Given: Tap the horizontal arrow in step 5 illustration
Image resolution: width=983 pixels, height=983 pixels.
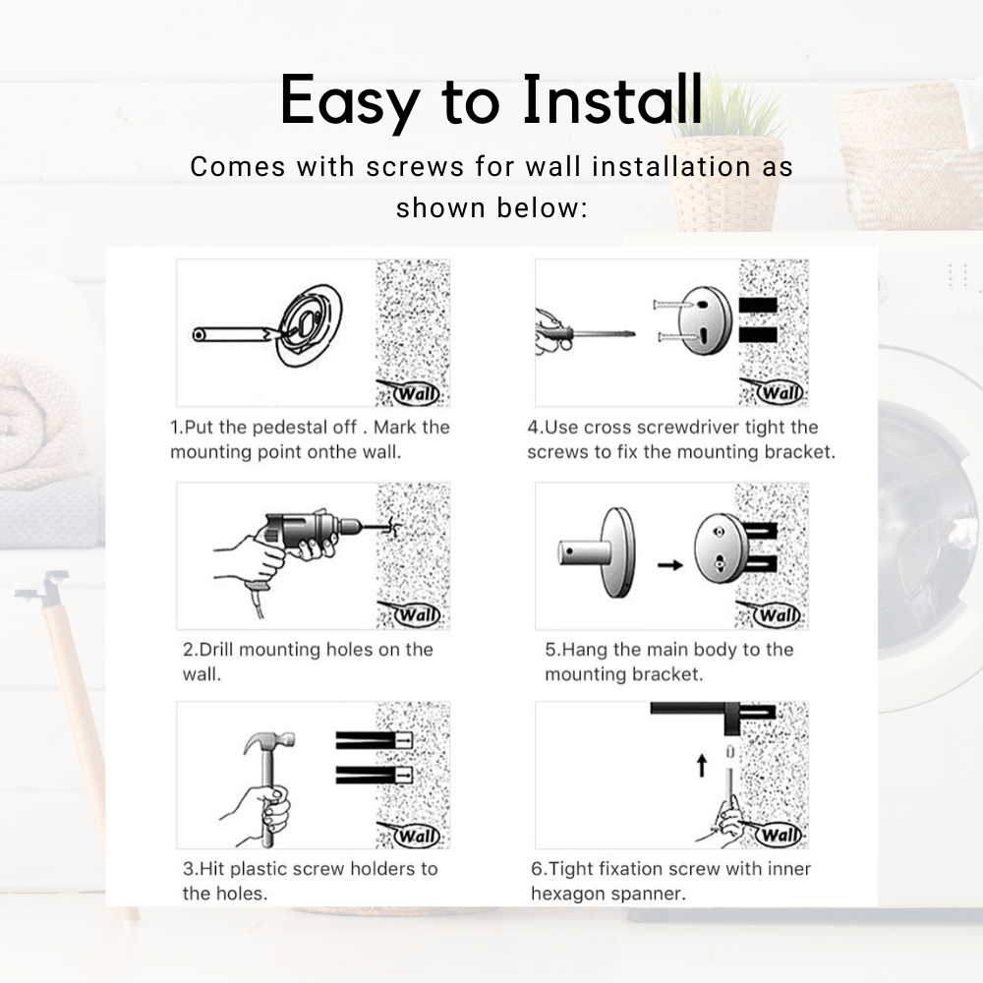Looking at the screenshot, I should click(x=669, y=565).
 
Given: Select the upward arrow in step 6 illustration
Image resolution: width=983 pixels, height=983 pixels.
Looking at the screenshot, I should click(x=701, y=765).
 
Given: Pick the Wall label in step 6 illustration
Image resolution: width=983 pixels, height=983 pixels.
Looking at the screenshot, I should click(x=777, y=837).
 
